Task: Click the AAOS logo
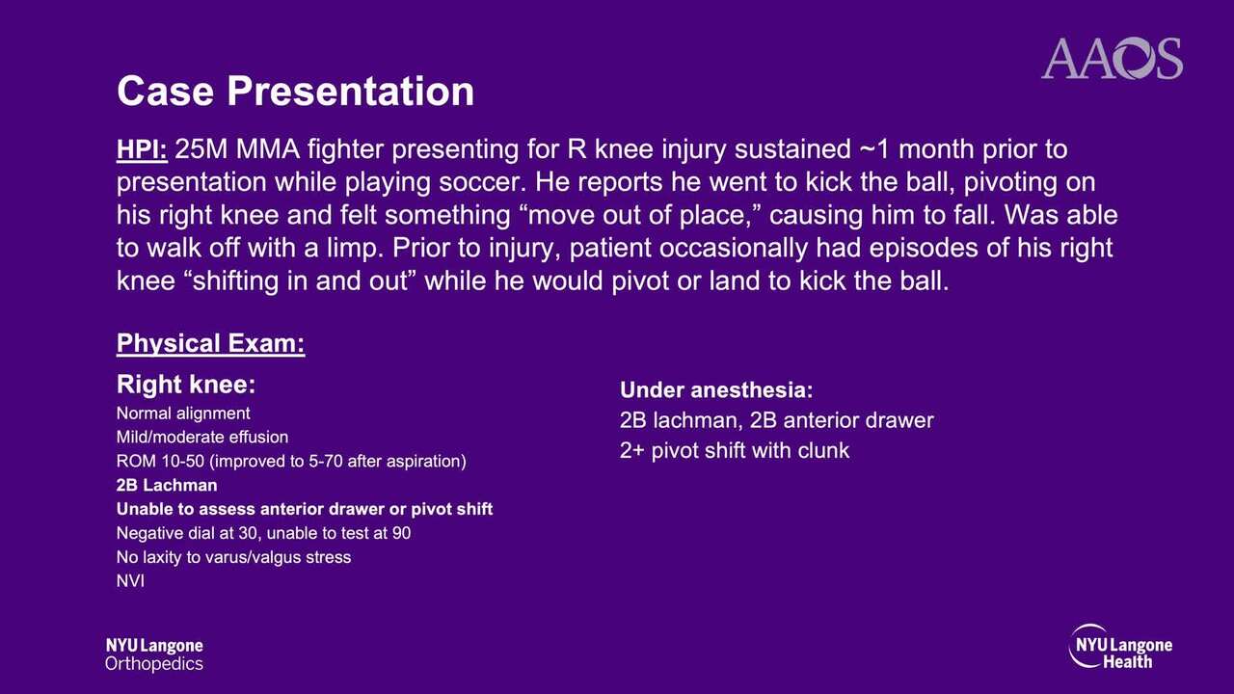point(1112,59)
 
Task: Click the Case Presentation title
point(295,91)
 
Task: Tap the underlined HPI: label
point(142,149)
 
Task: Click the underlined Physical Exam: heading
point(210,344)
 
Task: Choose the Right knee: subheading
point(186,384)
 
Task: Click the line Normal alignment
point(183,414)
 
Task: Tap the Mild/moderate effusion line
point(202,438)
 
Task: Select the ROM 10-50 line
point(291,461)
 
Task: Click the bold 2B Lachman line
point(167,485)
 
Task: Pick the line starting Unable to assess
point(305,509)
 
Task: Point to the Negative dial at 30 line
point(263,533)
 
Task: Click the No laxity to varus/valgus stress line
point(233,557)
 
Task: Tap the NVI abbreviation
point(130,581)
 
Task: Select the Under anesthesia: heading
point(716,390)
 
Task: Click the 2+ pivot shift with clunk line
point(735,450)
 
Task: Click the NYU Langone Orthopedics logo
point(154,654)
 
